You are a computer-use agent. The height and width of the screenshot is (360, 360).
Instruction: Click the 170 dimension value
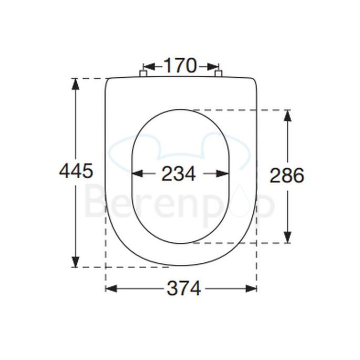pos(180,66)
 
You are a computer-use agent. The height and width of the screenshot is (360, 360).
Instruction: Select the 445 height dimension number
pos(76,171)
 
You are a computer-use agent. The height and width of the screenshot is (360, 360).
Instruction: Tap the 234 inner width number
pos(179,174)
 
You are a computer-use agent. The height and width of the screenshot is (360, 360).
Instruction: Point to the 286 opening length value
pos(287,176)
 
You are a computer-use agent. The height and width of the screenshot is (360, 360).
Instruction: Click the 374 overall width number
pos(183,288)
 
